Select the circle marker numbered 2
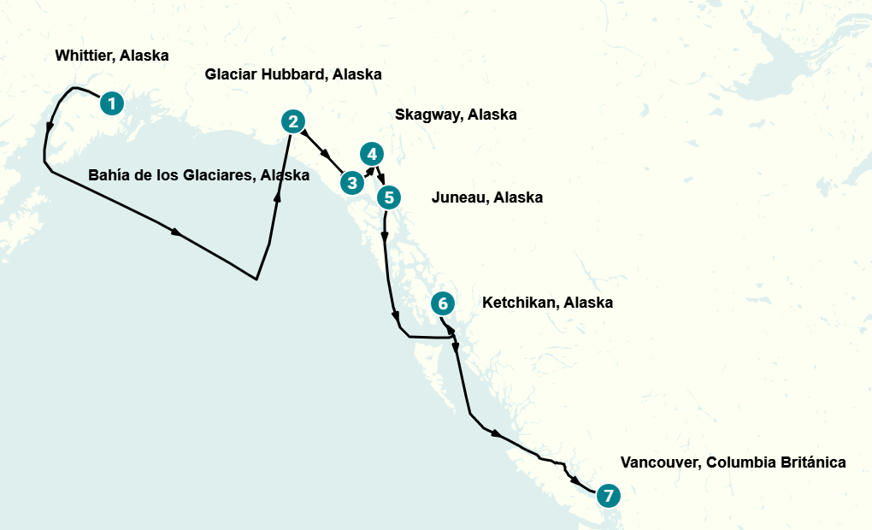click(293, 121)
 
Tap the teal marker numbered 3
click(351, 182)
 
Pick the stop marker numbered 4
click(371, 154)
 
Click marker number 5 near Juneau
click(388, 197)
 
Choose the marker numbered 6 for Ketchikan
click(441, 303)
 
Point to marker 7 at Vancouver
click(608, 495)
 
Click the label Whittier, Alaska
click(111, 56)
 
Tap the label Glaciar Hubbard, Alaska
click(292, 74)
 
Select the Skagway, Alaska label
click(456, 115)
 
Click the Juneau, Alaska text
click(486, 197)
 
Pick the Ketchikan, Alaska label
click(547, 303)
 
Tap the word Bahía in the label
click(108, 175)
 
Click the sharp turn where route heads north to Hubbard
click(256, 279)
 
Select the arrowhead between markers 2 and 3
click(327, 155)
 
